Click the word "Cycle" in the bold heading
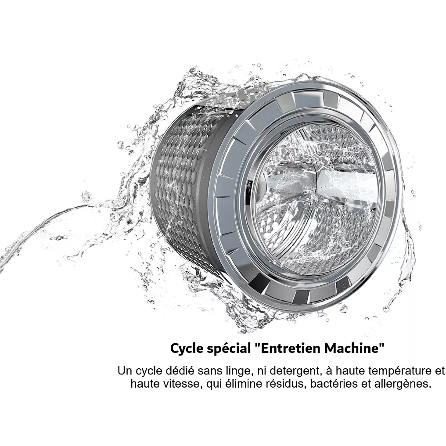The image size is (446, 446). pos(187,349)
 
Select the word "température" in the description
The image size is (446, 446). pos(403,372)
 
